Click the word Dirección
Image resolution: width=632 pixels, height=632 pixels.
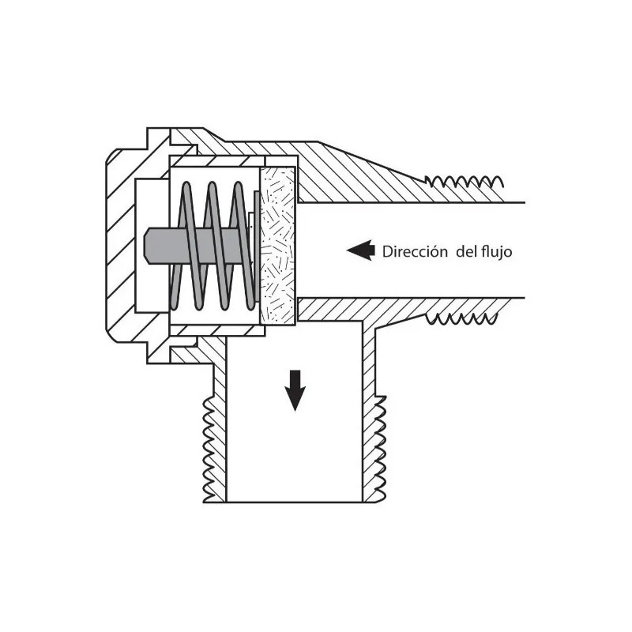415,251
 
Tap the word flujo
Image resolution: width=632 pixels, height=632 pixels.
497,252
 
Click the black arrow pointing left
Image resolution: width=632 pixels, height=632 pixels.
361,250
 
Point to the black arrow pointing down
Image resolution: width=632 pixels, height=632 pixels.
295,390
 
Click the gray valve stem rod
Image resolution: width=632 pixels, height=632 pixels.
197,246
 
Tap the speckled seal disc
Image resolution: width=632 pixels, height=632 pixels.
278,246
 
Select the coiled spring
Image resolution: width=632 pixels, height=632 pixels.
213,246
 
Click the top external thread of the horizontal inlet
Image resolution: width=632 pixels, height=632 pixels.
465,182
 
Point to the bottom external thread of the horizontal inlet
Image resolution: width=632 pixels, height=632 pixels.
461,318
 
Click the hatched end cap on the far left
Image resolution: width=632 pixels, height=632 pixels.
121,246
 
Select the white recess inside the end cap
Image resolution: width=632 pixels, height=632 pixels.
152,246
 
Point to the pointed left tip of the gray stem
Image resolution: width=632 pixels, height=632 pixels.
145,246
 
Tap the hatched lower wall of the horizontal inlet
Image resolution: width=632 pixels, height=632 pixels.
403,310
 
